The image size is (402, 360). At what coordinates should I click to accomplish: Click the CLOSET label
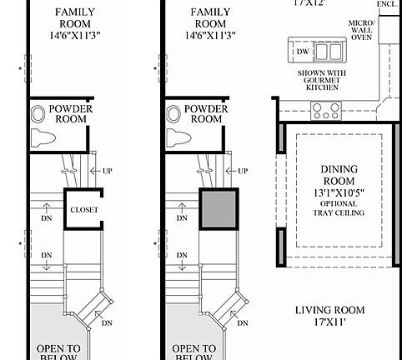(x=83, y=210)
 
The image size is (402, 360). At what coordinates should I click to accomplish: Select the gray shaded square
(x=219, y=208)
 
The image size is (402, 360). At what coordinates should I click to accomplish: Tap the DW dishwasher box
(x=301, y=52)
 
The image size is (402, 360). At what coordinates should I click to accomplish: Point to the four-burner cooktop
(x=325, y=108)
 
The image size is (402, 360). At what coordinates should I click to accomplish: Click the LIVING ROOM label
(x=331, y=312)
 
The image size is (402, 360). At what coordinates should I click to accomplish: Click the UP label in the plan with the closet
(x=106, y=171)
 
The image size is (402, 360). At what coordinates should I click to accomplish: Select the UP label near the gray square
(x=242, y=171)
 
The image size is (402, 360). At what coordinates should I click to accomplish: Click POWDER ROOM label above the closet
(x=69, y=113)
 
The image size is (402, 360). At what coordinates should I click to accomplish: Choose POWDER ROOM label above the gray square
(x=205, y=113)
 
